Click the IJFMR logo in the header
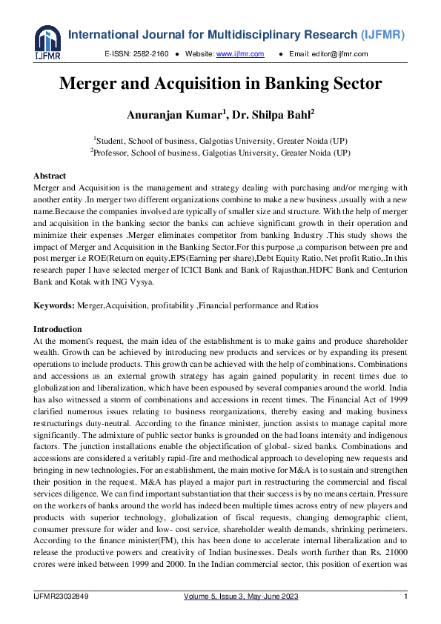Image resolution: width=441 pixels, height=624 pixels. pos(47,43)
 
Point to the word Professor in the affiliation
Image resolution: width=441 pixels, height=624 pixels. pos(115,153)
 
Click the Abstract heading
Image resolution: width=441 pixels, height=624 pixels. pos(51,176)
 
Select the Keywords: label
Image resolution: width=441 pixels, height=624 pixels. pos(54,306)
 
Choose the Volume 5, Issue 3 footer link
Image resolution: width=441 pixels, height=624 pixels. pos(220,597)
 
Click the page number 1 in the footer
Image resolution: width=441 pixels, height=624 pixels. pos(405,597)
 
